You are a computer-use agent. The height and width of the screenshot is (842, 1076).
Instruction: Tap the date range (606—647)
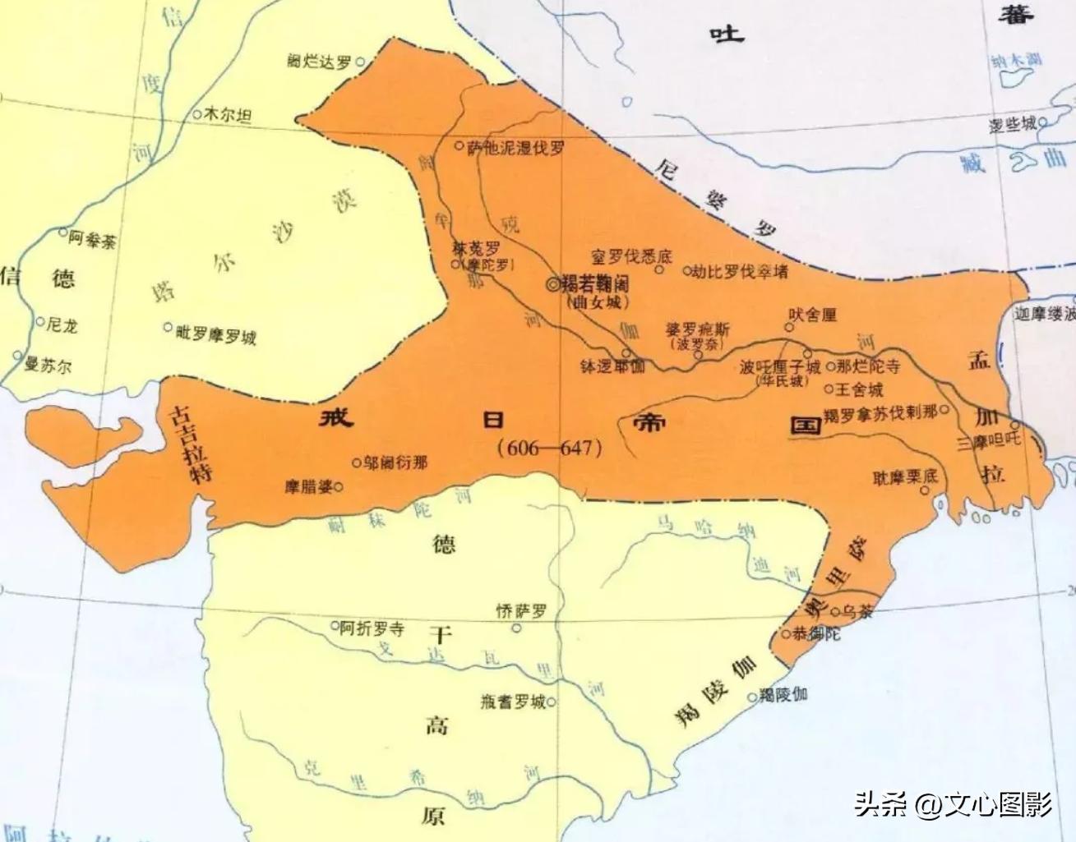tap(550, 448)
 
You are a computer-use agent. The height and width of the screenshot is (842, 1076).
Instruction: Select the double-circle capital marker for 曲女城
tap(552, 283)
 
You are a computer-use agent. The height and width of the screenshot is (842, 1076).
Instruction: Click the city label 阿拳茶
tap(93, 240)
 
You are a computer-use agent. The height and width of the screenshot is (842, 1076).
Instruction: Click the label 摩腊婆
tap(308, 486)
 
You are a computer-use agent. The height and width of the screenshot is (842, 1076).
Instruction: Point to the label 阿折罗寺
tap(372, 629)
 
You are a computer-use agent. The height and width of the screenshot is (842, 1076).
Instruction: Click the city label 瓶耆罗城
tap(513, 702)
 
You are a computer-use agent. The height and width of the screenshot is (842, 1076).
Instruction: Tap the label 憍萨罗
tap(521, 611)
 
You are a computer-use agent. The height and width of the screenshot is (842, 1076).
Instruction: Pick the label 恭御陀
tap(817, 634)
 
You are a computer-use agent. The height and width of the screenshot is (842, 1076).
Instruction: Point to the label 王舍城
tap(860, 389)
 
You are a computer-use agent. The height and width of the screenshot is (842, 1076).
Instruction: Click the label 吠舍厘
tap(812, 315)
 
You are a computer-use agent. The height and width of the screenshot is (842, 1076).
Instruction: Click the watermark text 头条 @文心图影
tap(954, 803)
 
